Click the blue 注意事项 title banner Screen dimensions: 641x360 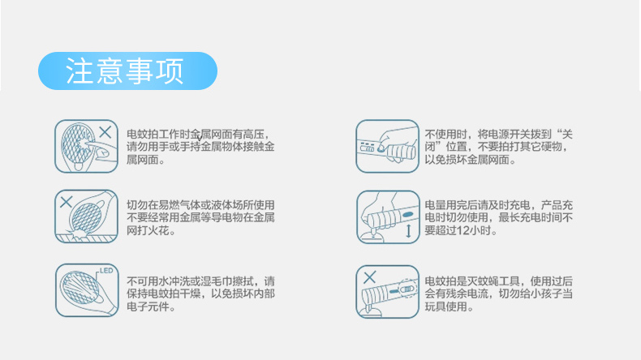[127, 71]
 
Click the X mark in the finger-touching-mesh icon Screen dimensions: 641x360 [105, 132]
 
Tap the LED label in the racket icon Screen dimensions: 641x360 [106, 271]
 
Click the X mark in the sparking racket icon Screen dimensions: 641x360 [67, 202]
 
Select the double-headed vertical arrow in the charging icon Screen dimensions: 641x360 [408, 230]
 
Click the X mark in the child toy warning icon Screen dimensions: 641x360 [369, 277]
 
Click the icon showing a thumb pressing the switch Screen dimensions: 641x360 [388, 146]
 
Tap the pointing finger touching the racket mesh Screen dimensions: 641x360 [97, 147]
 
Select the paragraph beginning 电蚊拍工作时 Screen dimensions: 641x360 [200, 147]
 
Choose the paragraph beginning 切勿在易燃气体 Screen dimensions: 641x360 [200, 217]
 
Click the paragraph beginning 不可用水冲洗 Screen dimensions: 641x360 [200, 294]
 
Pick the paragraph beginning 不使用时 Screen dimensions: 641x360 [498, 147]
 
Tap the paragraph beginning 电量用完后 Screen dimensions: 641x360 [498, 217]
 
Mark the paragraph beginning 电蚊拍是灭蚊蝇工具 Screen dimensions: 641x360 [498, 294]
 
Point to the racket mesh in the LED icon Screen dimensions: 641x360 [80, 288]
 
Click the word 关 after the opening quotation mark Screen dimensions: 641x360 [567, 134]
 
